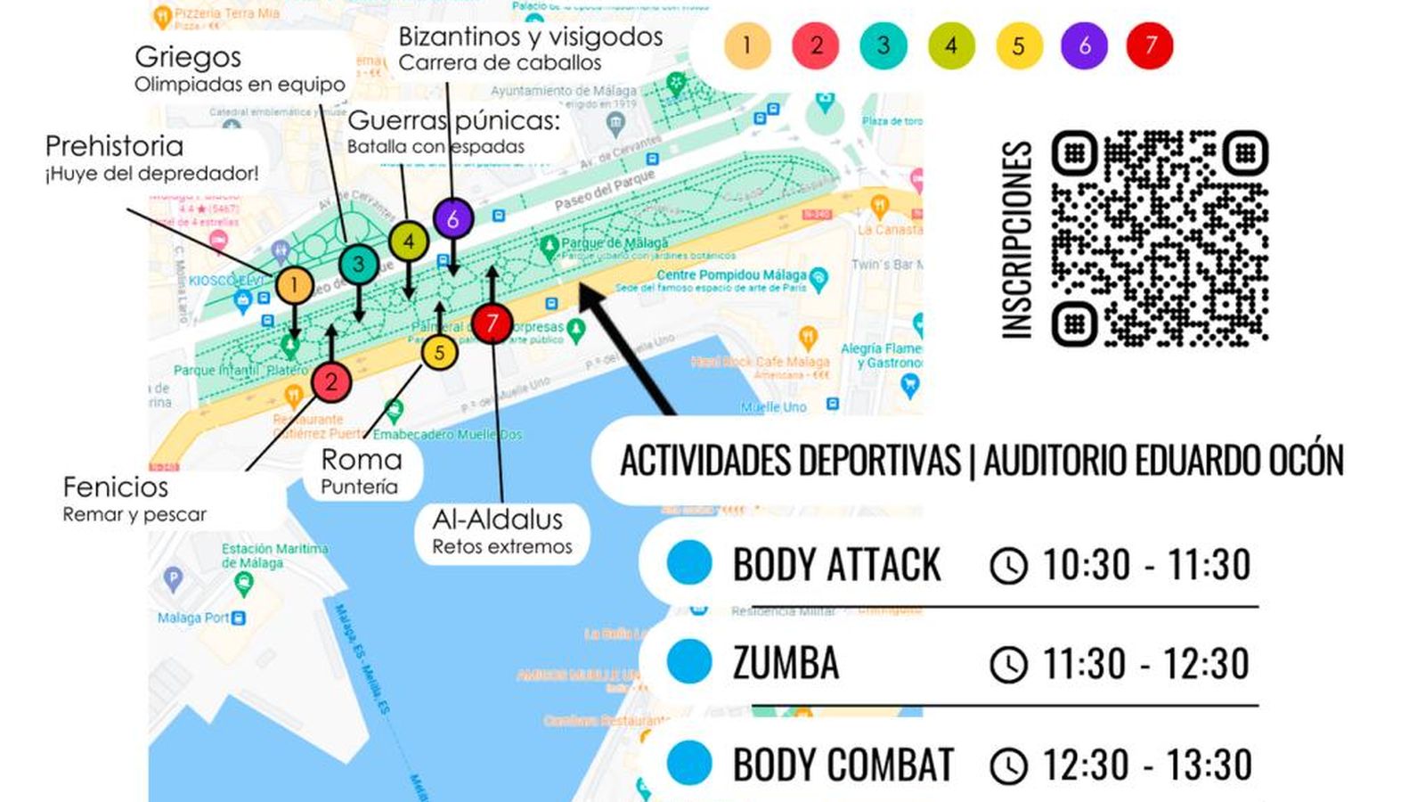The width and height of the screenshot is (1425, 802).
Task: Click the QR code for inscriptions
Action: [1160, 239]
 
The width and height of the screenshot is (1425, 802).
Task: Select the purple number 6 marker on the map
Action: [452, 218]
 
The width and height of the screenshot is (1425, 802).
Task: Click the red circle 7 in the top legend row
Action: [1150, 45]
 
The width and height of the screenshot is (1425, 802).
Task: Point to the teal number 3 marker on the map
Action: [358, 264]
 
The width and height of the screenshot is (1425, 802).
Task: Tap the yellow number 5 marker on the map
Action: [439, 353]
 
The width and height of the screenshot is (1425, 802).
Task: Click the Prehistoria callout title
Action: [114, 146]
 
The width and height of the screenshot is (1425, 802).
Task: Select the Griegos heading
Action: [188, 57]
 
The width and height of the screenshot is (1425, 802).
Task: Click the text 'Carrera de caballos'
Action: [500, 63]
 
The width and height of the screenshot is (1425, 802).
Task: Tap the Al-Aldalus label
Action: [498, 520]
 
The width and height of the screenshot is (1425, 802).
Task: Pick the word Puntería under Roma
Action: [359, 487]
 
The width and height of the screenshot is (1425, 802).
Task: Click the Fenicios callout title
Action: [115, 487]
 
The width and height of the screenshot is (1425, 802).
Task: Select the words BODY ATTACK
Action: [836, 565]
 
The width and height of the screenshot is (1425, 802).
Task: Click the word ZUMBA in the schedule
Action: [786, 664]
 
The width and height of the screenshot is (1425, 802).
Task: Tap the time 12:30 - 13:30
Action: [1147, 765]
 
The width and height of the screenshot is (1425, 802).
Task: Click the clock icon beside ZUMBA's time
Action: [1008, 665]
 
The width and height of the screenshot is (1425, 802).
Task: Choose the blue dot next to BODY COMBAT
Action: [689, 763]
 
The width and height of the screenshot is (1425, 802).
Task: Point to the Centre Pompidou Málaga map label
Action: [730, 275]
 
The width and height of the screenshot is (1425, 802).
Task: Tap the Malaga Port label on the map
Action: [193, 618]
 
